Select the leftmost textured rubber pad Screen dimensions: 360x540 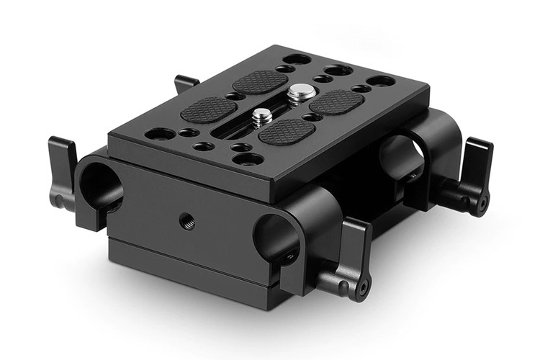pos(208,110)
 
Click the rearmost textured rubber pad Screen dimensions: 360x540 pos(260,81)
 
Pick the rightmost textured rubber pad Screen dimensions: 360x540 pos(336,102)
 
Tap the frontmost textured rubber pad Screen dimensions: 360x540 pos(287,132)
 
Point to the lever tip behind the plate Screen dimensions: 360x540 pos(186,83)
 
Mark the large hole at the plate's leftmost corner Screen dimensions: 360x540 pos(161,134)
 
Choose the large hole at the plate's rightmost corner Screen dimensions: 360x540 pos(380,81)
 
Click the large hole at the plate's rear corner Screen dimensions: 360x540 pos(296,59)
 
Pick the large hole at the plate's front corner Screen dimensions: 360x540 pos(248,158)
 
